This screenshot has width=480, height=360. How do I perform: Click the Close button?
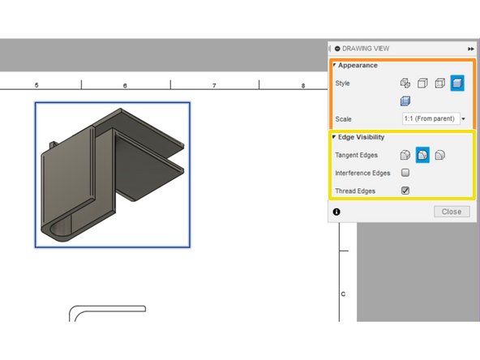[x=452, y=212]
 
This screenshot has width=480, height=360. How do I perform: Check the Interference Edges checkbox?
[x=405, y=173]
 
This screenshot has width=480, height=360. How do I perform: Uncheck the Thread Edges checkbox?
[x=405, y=191]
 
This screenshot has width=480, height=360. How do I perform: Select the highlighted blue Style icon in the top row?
[x=456, y=83]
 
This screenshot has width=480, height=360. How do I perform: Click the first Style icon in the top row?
[x=405, y=83]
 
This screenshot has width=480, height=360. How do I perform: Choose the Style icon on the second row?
[x=405, y=101]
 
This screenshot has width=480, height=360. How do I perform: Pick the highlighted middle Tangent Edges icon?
[x=422, y=155]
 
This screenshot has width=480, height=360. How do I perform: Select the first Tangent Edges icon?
[x=405, y=155]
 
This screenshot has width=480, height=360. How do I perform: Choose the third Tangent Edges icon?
[x=439, y=155]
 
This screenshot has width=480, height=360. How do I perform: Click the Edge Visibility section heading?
[x=363, y=137]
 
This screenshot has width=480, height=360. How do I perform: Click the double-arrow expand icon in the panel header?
[x=471, y=49]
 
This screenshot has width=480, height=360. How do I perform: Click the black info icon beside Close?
[x=336, y=212]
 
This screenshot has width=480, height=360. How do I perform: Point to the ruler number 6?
[x=125, y=85]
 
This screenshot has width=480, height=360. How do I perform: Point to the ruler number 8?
[x=302, y=85]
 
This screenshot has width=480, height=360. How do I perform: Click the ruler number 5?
[x=36, y=85]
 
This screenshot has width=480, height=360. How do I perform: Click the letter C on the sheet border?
[x=343, y=294]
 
